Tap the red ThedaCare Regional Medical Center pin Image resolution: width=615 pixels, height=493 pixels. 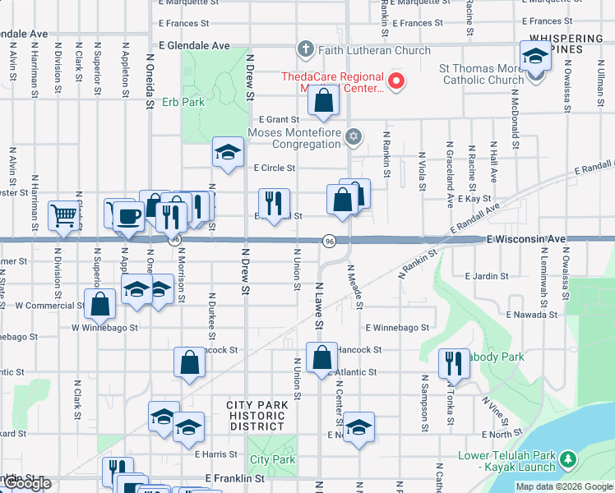(x=396, y=81)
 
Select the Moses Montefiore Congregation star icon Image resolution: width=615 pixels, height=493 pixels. (x=354, y=136)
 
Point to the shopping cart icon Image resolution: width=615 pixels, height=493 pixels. (x=63, y=216)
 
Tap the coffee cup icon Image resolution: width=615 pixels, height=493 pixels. (x=127, y=216)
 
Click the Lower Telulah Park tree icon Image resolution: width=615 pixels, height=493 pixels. (x=567, y=457)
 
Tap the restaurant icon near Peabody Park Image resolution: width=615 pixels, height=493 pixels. (x=453, y=362)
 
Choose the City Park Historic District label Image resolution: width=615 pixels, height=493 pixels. (x=257, y=415)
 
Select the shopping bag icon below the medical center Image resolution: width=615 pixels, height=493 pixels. (x=324, y=102)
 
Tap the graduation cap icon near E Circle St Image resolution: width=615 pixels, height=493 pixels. (x=228, y=151)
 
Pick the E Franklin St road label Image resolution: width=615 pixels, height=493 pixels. (x=234, y=477)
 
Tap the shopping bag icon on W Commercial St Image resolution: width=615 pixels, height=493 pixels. (x=100, y=304)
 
